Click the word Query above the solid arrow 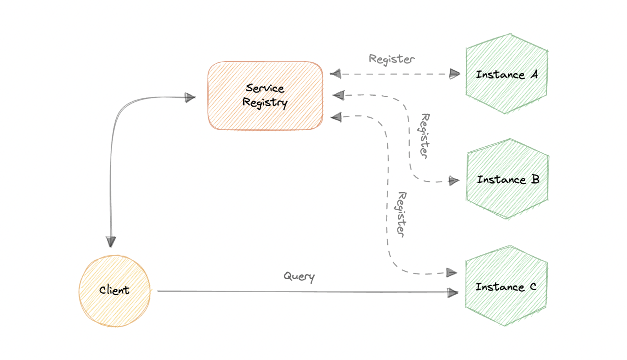299,276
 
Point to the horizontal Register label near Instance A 392,59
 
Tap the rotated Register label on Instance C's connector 401,214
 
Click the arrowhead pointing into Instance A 454,74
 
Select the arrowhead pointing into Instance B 454,181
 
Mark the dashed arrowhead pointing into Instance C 452,273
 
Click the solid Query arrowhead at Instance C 453,293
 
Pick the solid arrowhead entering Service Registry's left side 190,97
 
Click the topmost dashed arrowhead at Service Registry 335,74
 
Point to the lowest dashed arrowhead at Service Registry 336,117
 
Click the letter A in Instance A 534,74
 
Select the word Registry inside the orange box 265,103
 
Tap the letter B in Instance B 535,179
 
